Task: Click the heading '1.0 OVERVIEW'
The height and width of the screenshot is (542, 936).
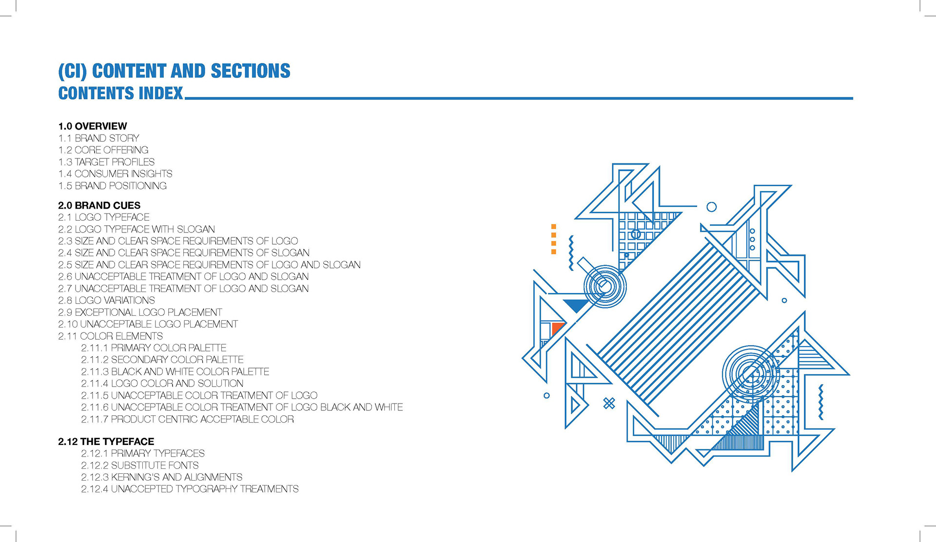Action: [93, 126]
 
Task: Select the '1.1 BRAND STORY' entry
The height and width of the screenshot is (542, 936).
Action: [98, 138]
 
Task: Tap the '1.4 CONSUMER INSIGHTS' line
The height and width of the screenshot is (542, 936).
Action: [115, 174]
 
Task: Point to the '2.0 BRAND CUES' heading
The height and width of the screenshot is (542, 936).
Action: [99, 206]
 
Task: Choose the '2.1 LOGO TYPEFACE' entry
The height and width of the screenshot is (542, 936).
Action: [104, 217]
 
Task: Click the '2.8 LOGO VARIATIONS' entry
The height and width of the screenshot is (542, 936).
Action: [106, 300]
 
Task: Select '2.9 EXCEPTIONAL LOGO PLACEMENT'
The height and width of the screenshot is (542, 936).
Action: [140, 312]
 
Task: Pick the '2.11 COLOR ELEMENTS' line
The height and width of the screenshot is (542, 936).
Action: [110, 336]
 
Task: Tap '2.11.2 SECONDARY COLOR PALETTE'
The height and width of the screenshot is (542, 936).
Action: [162, 360]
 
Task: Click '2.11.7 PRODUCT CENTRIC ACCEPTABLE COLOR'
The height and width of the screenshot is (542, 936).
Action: [187, 419]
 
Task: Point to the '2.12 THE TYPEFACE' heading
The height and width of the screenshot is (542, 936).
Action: [106, 442]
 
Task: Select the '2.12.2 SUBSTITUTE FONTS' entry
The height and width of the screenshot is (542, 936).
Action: [139, 465]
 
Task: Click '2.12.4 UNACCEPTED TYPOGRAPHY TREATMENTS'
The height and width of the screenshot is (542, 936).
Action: [190, 489]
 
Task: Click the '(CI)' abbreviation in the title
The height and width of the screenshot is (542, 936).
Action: [73, 71]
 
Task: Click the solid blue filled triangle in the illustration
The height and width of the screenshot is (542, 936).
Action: [577, 305]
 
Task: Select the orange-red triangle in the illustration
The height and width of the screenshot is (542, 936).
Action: [557, 328]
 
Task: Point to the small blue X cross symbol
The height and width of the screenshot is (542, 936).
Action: [609, 403]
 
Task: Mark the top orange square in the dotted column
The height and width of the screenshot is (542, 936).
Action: [554, 227]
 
